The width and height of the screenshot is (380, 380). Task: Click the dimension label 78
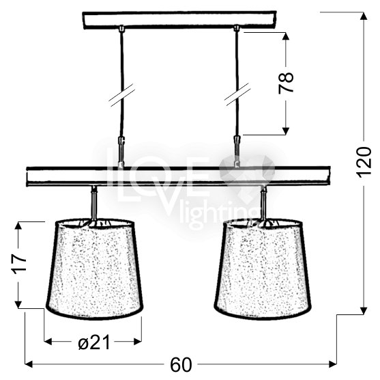click(x=286, y=83)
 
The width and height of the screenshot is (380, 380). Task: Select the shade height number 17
click(x=20, y=264)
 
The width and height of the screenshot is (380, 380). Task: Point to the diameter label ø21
click(x=94, y=342)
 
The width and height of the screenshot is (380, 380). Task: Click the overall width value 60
click(x=181, y=365)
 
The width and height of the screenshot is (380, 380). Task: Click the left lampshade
click(x=95, y=269)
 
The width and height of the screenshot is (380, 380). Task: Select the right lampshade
click(x=263, y=269)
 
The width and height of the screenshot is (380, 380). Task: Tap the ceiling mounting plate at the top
click(x=179, y=20)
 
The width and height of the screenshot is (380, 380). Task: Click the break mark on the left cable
click(x=122, y=96)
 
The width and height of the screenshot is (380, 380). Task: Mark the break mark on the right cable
click(x=237, y=94)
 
